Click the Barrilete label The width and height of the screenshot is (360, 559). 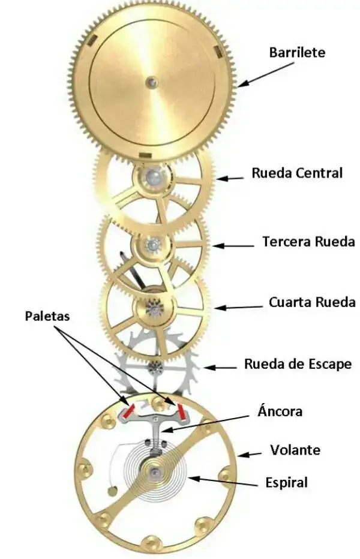pyautogui.click(x=297, y=52)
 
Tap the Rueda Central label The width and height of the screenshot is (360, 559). pyautogui.click(x=297, y=173)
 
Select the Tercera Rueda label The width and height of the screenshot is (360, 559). pyautogui.click(x=308, y=242)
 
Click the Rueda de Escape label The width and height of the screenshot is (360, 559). pyautogui.click(x=298, y=363)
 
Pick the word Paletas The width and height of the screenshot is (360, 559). pyautogui.click(x=46, y=315)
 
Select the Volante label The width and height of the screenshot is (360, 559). pyautogui.click(x=295, y=449)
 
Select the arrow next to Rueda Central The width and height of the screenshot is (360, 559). pyautogui.click(x=230, y=178)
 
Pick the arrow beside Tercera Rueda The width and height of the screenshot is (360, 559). pyautogui.click(x=233, y=245)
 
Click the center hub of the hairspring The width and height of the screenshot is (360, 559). pyautogui.click(x=156, y=473)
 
